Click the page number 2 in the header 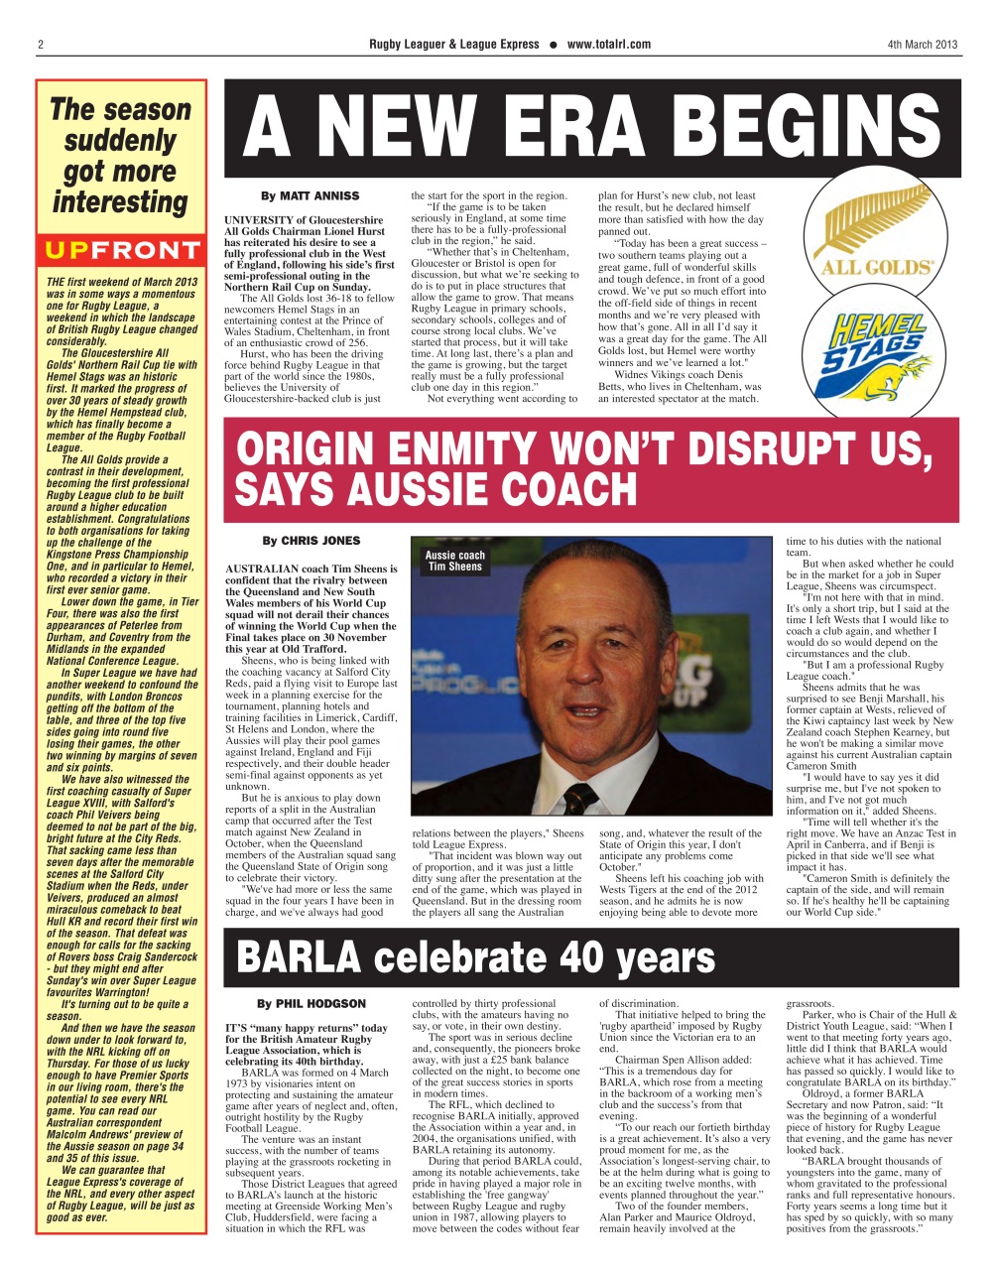tap(41, 45)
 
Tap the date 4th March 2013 tap(922, 45)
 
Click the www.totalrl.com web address tap(609, 45)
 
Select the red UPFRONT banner tap(121, 250)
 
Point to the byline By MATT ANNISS tap(311, 196)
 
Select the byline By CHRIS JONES tap(311, 541)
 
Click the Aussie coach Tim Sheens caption tap(455, 562)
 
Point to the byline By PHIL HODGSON tap(311, 1004)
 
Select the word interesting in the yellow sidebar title tap(120, 202)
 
